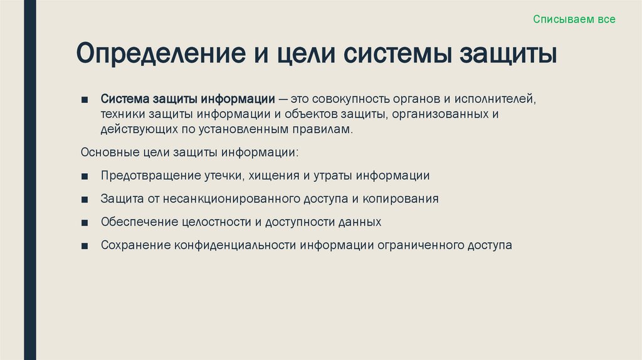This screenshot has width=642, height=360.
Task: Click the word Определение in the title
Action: coord(159,53)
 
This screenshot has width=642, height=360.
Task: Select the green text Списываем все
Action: coord(574,19)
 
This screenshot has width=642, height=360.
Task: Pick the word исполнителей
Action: coord(498,100)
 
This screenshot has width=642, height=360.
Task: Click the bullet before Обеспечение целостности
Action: coord(85,223)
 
